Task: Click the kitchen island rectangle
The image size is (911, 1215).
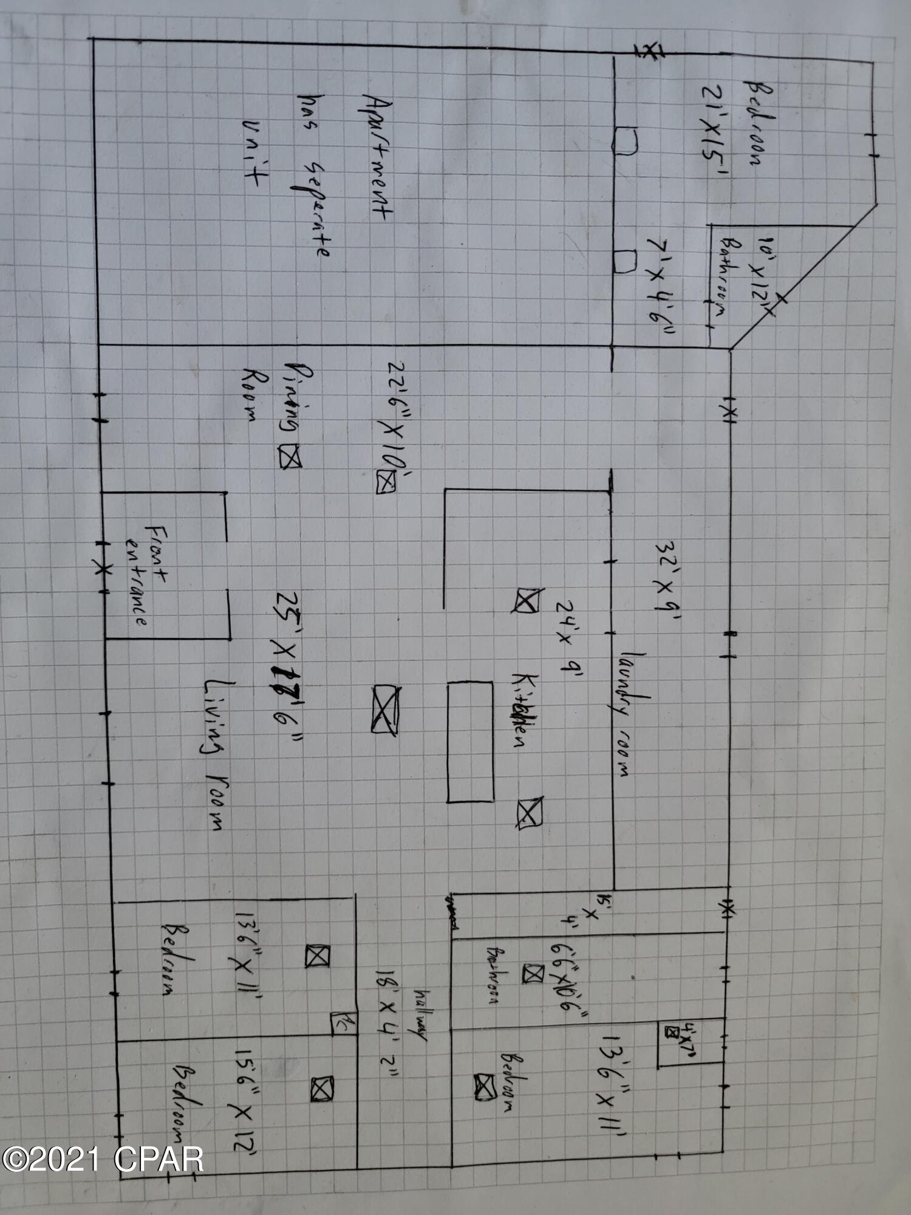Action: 470,741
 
